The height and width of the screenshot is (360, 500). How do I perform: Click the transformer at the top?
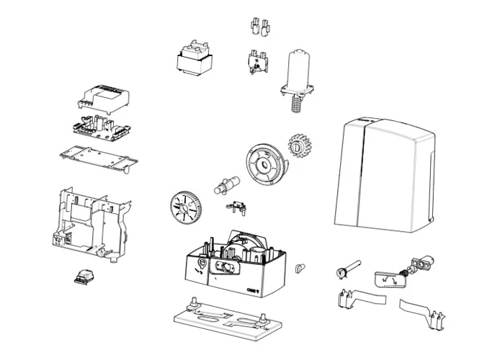tap(192, 58)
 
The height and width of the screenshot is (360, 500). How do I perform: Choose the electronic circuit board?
tap(104, 127)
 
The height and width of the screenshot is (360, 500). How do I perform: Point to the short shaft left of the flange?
tap(224, 184)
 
